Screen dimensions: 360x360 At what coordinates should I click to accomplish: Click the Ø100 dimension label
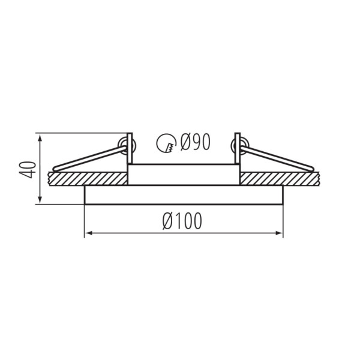tap(182, 221)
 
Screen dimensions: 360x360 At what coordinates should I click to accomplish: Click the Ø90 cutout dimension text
tap(195, 142)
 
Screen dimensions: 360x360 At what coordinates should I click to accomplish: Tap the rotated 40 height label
tap(28, 170)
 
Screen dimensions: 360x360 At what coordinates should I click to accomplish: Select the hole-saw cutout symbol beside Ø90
tap(166, 143)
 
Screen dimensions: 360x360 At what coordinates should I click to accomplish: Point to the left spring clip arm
tap(89, 158)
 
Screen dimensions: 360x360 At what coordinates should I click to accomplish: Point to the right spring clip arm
tap(277, 158)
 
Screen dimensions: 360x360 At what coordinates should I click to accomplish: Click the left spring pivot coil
tap(127, 146)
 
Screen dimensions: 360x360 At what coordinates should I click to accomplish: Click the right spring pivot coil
tap(240, 146)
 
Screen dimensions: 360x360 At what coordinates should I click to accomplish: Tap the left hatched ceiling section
tap(88, 178)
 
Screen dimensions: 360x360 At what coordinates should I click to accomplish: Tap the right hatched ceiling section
tap(280, 178)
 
